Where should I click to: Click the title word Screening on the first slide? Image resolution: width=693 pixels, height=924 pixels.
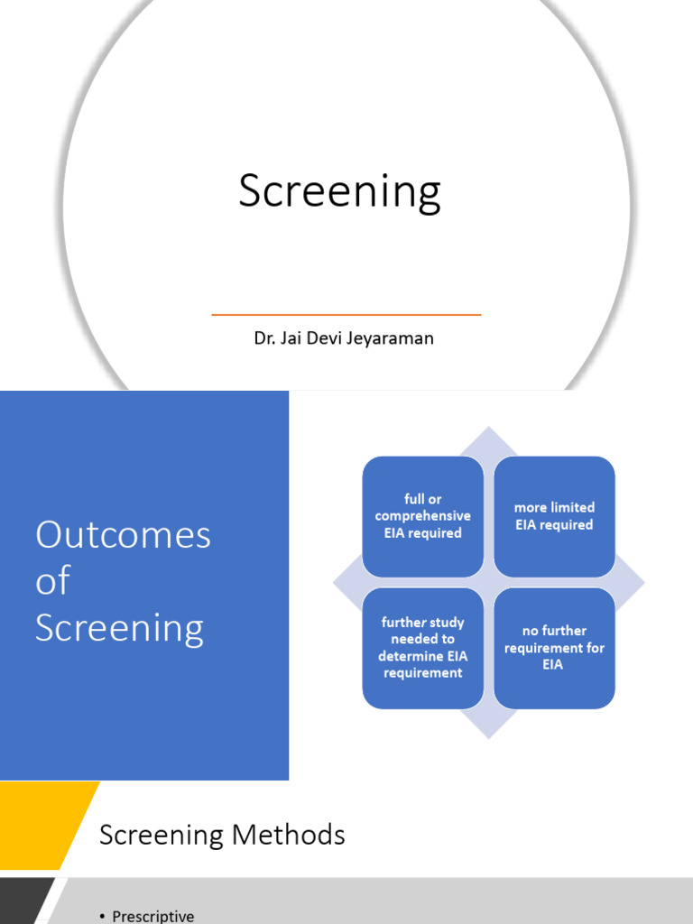tap(339, 192)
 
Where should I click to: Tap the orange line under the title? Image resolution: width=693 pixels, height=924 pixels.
tap(346, 315)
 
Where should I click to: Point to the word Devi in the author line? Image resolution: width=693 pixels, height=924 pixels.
tap(326, 339)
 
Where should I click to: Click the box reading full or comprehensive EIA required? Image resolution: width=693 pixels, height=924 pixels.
tap(422, 516)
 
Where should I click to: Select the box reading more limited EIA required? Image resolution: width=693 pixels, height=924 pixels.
tap(554, 516)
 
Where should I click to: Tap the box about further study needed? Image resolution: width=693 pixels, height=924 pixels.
tap(422, 648)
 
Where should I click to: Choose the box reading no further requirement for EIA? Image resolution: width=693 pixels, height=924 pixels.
tap(554, 648)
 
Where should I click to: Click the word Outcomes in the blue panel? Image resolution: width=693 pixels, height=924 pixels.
tap(123, 535)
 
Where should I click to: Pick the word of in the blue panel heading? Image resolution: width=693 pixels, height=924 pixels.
tap(52, 582)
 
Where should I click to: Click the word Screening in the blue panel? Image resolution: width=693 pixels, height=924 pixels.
tap(119, 628)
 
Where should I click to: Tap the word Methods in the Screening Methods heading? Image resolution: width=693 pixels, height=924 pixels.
tap(289, 835)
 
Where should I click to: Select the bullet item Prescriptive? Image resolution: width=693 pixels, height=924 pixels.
tap(152, 916)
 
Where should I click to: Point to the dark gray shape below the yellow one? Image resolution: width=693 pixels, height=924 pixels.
tap(23, 902)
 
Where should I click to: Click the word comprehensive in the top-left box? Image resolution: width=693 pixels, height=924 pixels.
tap(422, 516)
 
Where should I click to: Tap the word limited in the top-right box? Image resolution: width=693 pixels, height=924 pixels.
tap(572, 507)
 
